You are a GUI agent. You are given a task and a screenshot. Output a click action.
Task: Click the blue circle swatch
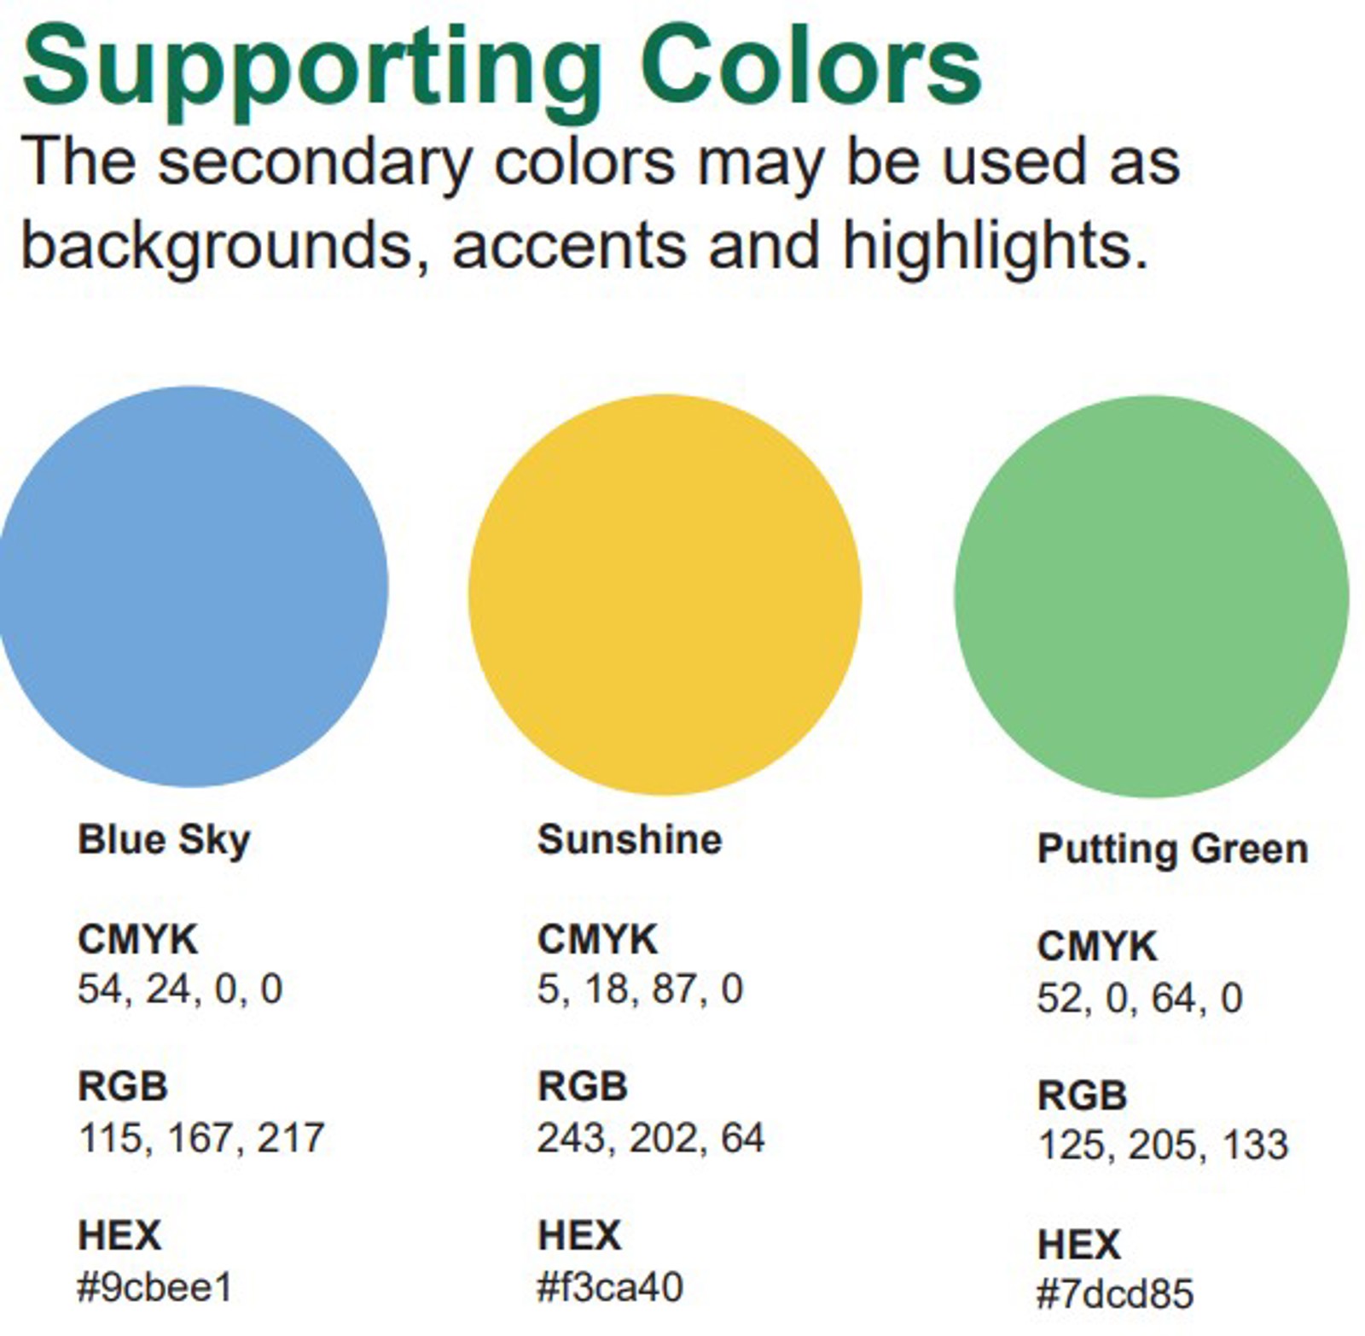pos(192,586)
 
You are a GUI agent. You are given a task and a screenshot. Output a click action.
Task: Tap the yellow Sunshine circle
pos(665,594)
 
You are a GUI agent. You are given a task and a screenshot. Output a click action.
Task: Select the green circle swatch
pos(1151,596)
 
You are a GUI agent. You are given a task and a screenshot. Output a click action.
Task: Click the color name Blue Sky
pos(164,840)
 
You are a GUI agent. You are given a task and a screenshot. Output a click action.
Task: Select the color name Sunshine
pos(630,839)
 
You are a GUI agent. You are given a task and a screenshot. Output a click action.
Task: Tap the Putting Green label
pos(1172,849)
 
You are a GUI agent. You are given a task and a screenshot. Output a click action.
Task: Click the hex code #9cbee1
pos(154,1287)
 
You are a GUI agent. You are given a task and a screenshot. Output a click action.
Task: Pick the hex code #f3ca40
pos(610,1287)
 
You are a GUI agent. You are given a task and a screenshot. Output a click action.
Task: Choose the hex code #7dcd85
pos(1114,1294)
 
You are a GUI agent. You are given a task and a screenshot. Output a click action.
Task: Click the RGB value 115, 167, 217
pos(201,1138)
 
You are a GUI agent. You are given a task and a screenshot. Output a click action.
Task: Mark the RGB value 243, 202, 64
pos(651,1138)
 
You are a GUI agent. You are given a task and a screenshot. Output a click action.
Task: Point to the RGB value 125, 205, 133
pos(1162,1145)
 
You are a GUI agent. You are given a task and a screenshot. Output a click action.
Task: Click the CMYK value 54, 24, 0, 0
pos(180,989)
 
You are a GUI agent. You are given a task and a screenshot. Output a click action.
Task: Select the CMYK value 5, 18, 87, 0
pos(640,989)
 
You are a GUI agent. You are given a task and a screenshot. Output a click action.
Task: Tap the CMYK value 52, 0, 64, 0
pos(1140,998)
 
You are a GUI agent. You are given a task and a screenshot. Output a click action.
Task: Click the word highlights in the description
pos(995,246)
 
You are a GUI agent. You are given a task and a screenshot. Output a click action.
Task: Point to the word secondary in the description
pos(315,162)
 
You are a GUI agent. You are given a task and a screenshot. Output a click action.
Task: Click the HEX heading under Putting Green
pos(1078,1244)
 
